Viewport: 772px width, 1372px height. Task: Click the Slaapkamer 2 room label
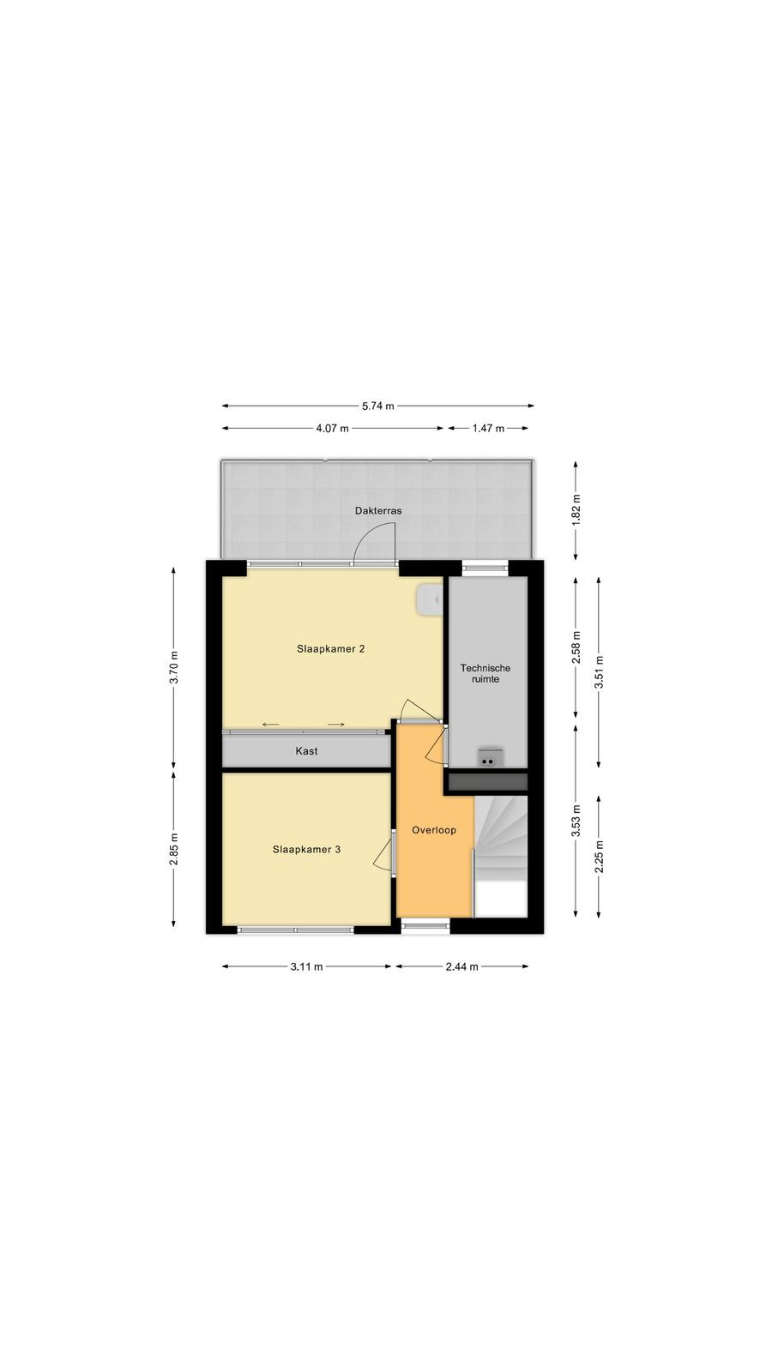pyautogui.click(x=331, y=648)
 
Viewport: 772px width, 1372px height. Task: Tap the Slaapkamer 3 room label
pyautogui.click(x=306, y=850)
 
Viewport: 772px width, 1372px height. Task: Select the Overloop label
pyautogui.click(x=434, y=831)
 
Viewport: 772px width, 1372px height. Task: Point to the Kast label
pyautogui.click(x=306, y=751)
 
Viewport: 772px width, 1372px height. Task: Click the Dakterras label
pyautogui.click(x=378, y=511)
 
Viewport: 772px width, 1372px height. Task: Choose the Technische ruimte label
pyautogui.click(x=486, y=674)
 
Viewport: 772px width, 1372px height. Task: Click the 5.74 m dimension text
pyautogui.click(x=378, y=406)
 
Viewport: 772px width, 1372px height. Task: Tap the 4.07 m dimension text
pyautogui.click(x=332, y=429)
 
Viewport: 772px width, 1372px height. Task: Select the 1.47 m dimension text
pyautogui.click(x=488, y=429)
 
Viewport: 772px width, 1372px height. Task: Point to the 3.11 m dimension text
pyautogui.click(x=306, y=966)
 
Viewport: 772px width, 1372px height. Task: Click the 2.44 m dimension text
pyautogui.click(x=462, y=966)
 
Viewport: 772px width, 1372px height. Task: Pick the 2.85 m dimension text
pyautogui.click(x=174, y=850)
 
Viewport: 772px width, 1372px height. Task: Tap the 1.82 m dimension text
pyautogui.click(x=576, y=510)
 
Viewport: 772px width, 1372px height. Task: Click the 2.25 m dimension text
pyautogui.click(x=600, y=856)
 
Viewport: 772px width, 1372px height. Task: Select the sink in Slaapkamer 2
pyautogui.click(x=429, y=599)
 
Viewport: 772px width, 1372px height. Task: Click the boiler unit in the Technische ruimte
pyautogui.click(x=490, y=758)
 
